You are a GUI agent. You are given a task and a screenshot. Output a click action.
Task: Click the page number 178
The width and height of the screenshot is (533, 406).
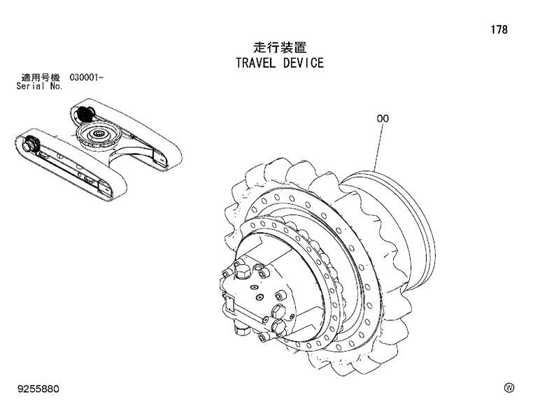coord(499,30)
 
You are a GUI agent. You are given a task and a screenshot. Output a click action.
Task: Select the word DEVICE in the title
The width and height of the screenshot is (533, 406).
coord(304,64)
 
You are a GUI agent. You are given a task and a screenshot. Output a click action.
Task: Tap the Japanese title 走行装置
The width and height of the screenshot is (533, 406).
coord(279,48)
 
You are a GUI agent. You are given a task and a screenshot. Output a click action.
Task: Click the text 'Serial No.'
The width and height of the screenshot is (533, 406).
coord(39,87)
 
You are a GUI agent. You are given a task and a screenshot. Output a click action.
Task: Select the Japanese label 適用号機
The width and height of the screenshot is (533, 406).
coord(41,77)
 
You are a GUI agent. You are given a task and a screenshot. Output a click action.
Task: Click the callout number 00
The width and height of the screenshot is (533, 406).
coord(383,119)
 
